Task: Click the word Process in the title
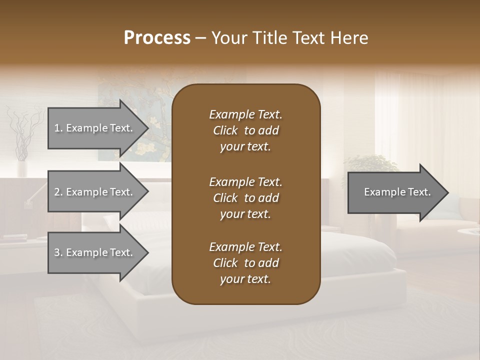(x=157, y=38)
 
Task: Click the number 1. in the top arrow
(x=58, y=128)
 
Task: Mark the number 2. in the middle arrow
(x=58, y=192)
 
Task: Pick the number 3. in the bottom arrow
(x=58, y=252)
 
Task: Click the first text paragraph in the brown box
(x=245, y=130)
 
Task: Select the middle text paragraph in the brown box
(x=245, y=198)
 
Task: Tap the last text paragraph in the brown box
(x=245, y=263)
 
